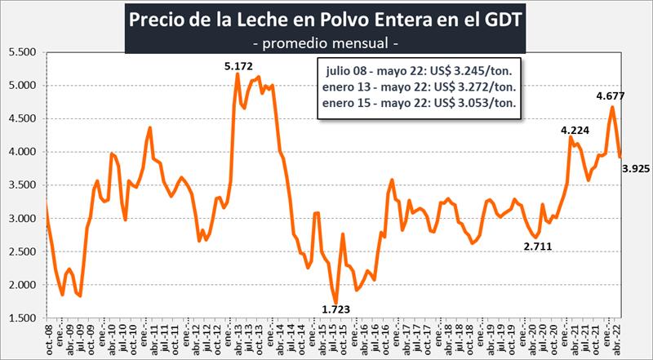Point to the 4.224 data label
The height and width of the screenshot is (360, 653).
[x=573, y=130]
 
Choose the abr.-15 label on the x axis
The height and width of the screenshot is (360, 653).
[x=317, y=338]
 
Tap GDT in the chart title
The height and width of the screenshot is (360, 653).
[x=507, y=18]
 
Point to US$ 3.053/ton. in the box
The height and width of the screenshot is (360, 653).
[x=478, y=102]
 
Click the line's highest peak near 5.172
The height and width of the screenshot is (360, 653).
[x=238, y=74]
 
